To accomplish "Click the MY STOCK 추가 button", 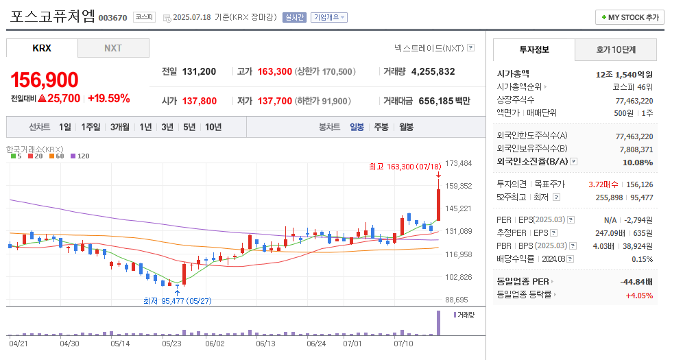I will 630,17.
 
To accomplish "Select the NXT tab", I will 113,48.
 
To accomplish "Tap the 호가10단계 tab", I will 616,49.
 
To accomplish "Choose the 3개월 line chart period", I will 119,126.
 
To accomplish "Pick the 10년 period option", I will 213,126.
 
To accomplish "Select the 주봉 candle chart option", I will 381,126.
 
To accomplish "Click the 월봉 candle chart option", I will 406,126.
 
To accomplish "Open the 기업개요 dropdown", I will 329,17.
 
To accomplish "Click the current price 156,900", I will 45,80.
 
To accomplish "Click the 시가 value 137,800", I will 200,101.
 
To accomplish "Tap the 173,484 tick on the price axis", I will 459,163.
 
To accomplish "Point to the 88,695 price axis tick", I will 457,300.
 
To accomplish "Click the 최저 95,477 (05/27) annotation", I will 177,300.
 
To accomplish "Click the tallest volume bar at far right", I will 438,323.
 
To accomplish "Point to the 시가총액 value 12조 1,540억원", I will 624,74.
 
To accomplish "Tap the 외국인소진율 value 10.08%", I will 637,163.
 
